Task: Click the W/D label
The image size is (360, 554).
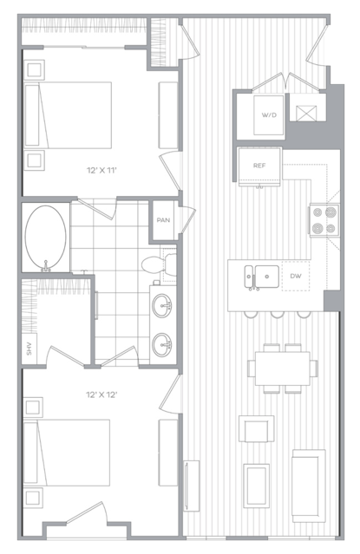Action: point(269,115)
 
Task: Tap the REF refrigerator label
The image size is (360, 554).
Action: point(259,166)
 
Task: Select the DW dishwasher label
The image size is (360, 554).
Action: point(296,276)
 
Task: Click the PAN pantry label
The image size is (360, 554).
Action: point(163,220)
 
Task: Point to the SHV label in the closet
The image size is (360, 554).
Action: point(29,349)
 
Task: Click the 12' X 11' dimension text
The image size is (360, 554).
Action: point(101,170)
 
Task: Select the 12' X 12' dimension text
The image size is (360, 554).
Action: point(101,394)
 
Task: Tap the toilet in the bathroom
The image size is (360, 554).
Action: point(159,264)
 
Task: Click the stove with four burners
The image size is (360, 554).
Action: point(324,220)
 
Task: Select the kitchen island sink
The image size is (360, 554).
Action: point(262,277)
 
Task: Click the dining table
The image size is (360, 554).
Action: point(283,368)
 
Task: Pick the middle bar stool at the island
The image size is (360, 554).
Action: point(277,314)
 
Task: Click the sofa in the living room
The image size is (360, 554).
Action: point(308,486)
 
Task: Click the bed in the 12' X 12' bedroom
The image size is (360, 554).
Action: point(67,453)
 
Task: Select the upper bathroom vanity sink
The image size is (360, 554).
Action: point(163,305)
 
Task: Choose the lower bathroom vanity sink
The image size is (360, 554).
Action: point(163,344)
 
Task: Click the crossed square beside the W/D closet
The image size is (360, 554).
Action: point(306,113)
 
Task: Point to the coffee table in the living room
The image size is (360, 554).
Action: point(257,486)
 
